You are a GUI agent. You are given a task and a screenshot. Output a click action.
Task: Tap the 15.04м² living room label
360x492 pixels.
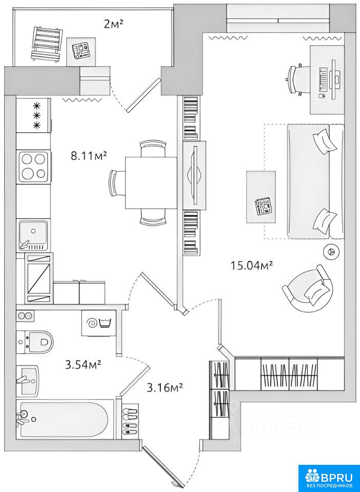pos(251,265)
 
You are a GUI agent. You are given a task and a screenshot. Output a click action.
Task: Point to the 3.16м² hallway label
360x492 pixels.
pos(165,388)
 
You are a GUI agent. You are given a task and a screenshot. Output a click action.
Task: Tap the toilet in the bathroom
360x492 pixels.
pos(35,342)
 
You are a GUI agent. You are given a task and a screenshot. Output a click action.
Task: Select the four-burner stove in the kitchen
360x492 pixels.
pos(34,166)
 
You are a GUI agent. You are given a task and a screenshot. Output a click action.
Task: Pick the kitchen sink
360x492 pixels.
pos(33,235)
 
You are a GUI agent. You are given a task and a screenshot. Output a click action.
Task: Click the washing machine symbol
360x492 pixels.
pos(98,323)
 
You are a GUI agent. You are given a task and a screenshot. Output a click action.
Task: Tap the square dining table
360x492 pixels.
pos(151,182)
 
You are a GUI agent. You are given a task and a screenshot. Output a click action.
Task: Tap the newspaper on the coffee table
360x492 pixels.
pos(264,207)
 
